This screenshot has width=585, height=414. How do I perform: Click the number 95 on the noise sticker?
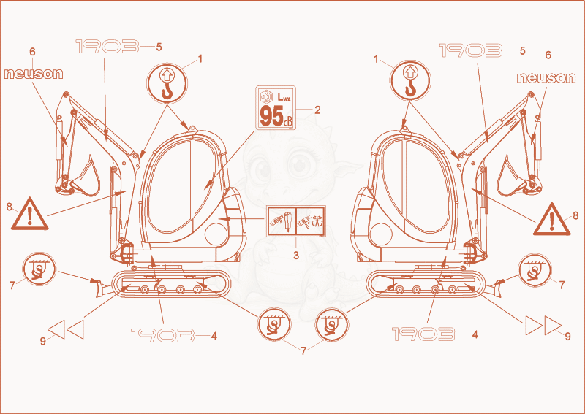pyautogui.click(x=271, y=116)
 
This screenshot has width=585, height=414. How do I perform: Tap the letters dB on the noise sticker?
pyautogui.click(x=288, y=121)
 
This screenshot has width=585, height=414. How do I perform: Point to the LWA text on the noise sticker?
pyautogui.click(x=284, y=98)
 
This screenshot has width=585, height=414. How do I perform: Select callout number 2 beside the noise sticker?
pyautogui.click(x=317, y=110)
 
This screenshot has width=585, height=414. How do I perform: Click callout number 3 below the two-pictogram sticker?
pyautogui.click(x=296, y=256)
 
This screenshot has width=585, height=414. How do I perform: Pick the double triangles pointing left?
pyautogui.click(x=66, y=329)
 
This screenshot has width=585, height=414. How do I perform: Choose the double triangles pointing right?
pyautogui.click(x=543, y=326)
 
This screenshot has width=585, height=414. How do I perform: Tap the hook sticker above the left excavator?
pyautogui.click(x=167, y=83)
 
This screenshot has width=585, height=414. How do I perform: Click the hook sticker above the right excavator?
pyautogui.click(x=410, y=81)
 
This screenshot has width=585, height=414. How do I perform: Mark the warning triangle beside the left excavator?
pyautogui.click(x=30, y=214)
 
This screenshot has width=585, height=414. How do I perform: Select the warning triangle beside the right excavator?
pyautogui.click(x=552, y=220)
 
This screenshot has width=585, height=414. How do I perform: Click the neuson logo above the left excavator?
pyautogui.click(x=34, y=74)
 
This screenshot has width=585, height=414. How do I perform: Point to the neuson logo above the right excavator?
pyautogui.click(x=546, y=77)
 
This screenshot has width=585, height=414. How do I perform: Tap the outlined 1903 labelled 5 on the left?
pyautogui.click(x=107, y=47)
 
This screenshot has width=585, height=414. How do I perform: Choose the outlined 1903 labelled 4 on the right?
pyautogui.click(x=423, y=334)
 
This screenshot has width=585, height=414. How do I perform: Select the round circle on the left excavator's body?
pyautogui.click(x=216, y=234)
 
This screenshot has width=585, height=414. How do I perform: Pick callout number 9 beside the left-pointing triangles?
pyautogui.click(x=43, y=340)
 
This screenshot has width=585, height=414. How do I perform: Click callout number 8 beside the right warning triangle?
pyautogui.click(x=575, y=215)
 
